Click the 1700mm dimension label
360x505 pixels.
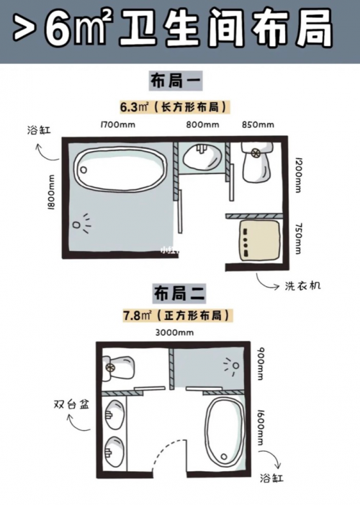[118, 124]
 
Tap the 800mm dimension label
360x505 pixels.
[202, 124]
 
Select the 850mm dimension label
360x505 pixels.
[258, 124]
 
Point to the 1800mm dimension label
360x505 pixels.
[51, 192]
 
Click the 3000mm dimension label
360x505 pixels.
[174, 332]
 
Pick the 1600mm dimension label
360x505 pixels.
[260, 427]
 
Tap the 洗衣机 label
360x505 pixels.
[302, 286]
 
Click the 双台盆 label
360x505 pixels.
[71, 404]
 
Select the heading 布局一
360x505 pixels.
[176, 81]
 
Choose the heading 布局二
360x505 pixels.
[179, 294]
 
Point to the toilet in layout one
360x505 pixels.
[257, 162]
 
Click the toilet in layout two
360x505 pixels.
[117, 368]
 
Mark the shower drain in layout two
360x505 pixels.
[236, 366]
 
